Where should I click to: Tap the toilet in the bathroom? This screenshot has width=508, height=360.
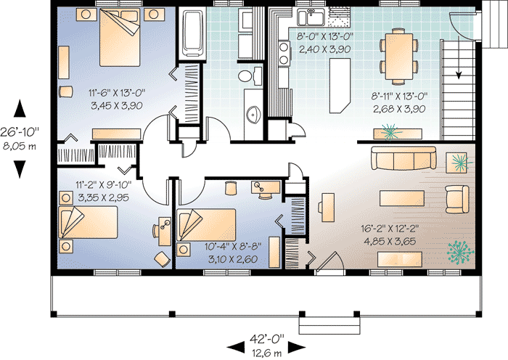pos(245,76)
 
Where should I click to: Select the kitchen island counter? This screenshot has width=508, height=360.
pos(338,84)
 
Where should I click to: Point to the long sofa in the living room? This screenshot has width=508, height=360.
pos(403,157)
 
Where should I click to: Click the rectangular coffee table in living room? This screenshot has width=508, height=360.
pos(401,195)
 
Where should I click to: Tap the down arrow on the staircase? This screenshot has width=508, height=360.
pos(458,73)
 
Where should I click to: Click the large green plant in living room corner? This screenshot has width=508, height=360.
pos(458,252)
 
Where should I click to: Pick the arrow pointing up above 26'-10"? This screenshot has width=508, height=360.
pos(20,110)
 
